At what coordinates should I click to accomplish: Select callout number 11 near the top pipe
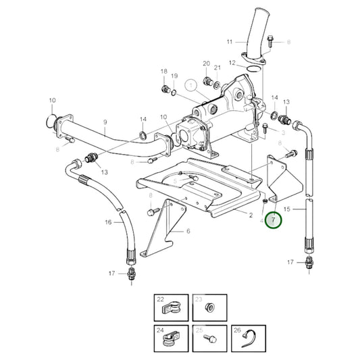229,42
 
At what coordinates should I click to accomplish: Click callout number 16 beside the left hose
108,222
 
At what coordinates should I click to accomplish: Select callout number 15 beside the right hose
286,209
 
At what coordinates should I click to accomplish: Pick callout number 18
163,71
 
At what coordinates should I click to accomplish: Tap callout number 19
174,76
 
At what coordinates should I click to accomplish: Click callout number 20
207,64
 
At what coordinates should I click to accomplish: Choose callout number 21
217,68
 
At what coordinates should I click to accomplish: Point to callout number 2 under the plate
250,216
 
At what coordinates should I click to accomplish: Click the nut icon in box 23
209,309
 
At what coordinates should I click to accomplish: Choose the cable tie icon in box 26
247,338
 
